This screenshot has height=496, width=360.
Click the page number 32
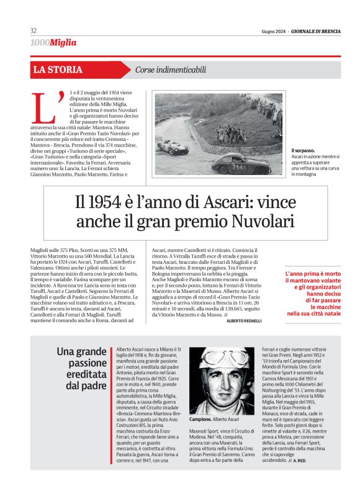click(x=34, y=31)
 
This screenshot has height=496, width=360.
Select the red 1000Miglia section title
click(x=53, y=43)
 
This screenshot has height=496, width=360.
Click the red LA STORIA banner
click(x=58, y=70)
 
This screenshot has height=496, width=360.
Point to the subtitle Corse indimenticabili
click(x=171, y=70)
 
